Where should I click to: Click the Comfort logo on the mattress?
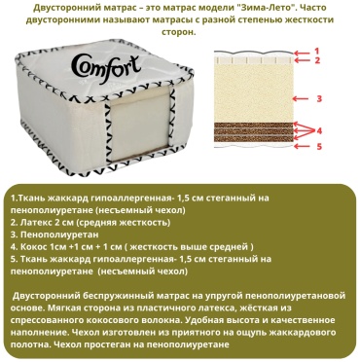tap(105, 68)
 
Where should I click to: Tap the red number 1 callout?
tap(317, 51)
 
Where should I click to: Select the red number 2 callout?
tap(317, 60)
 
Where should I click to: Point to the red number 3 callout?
tap(319, 98)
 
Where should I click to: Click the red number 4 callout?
tap(319, 131)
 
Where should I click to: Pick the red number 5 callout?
tap(319, 147)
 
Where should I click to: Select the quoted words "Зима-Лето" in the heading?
tap(264, 8)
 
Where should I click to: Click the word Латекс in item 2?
tap(34, 223)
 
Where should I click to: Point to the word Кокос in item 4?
tap(32, 247)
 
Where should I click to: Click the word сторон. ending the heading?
tap(179, 32)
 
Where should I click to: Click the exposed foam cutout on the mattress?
tap(140, 124)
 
